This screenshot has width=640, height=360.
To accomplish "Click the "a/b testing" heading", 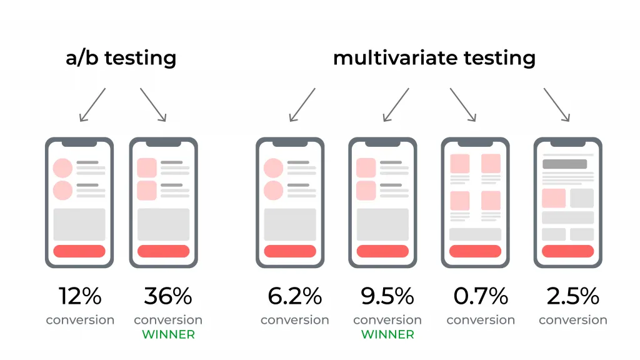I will (121, 58).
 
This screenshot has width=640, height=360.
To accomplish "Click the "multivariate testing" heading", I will (434, 58).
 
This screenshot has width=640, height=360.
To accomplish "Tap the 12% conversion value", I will (79, 296).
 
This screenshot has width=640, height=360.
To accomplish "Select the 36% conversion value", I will (167, 296).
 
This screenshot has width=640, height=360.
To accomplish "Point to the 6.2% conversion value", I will (294, 296).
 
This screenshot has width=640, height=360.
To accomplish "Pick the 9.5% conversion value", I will (387, 296).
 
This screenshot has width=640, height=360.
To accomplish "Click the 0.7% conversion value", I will (480, 296).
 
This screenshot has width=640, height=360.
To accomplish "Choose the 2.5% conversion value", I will (572, 296).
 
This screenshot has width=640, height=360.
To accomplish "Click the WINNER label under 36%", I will (168, 334).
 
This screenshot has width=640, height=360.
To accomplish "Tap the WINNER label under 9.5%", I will (387, 334).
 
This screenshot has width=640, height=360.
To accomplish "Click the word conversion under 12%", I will (80, 320).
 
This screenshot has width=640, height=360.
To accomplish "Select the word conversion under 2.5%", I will (572, 320).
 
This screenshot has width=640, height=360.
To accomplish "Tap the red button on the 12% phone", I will (79, 251).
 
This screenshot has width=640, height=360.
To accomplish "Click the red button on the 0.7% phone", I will (475, 251).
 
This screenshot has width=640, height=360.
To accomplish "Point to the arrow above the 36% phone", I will (153, 104).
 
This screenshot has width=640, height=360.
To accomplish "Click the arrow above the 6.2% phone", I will (302, 104).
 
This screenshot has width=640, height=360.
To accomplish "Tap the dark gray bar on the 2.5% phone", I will (564, 164).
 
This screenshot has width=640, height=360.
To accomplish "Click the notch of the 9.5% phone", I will (382, 143).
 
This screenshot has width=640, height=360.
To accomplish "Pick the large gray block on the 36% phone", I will (163, 224).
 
